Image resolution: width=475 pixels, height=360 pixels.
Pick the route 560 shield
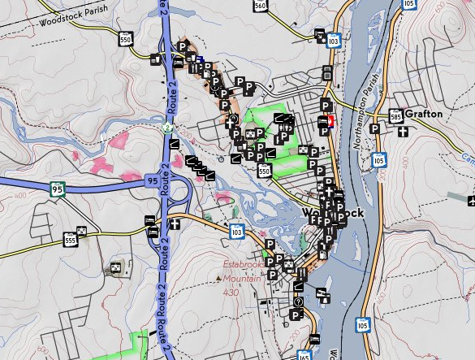[260, 6]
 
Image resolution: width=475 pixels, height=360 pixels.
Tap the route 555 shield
[70, 240]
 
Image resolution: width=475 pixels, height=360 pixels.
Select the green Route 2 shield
[167, 127]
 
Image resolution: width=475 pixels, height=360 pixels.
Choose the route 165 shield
[304, 355]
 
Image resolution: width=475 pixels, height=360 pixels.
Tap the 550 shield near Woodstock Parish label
[125, 39]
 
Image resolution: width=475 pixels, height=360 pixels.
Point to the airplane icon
[470, 201]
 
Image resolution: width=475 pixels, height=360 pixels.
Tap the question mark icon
[298, 302]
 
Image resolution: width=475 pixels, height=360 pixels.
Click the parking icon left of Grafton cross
[375, 128]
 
